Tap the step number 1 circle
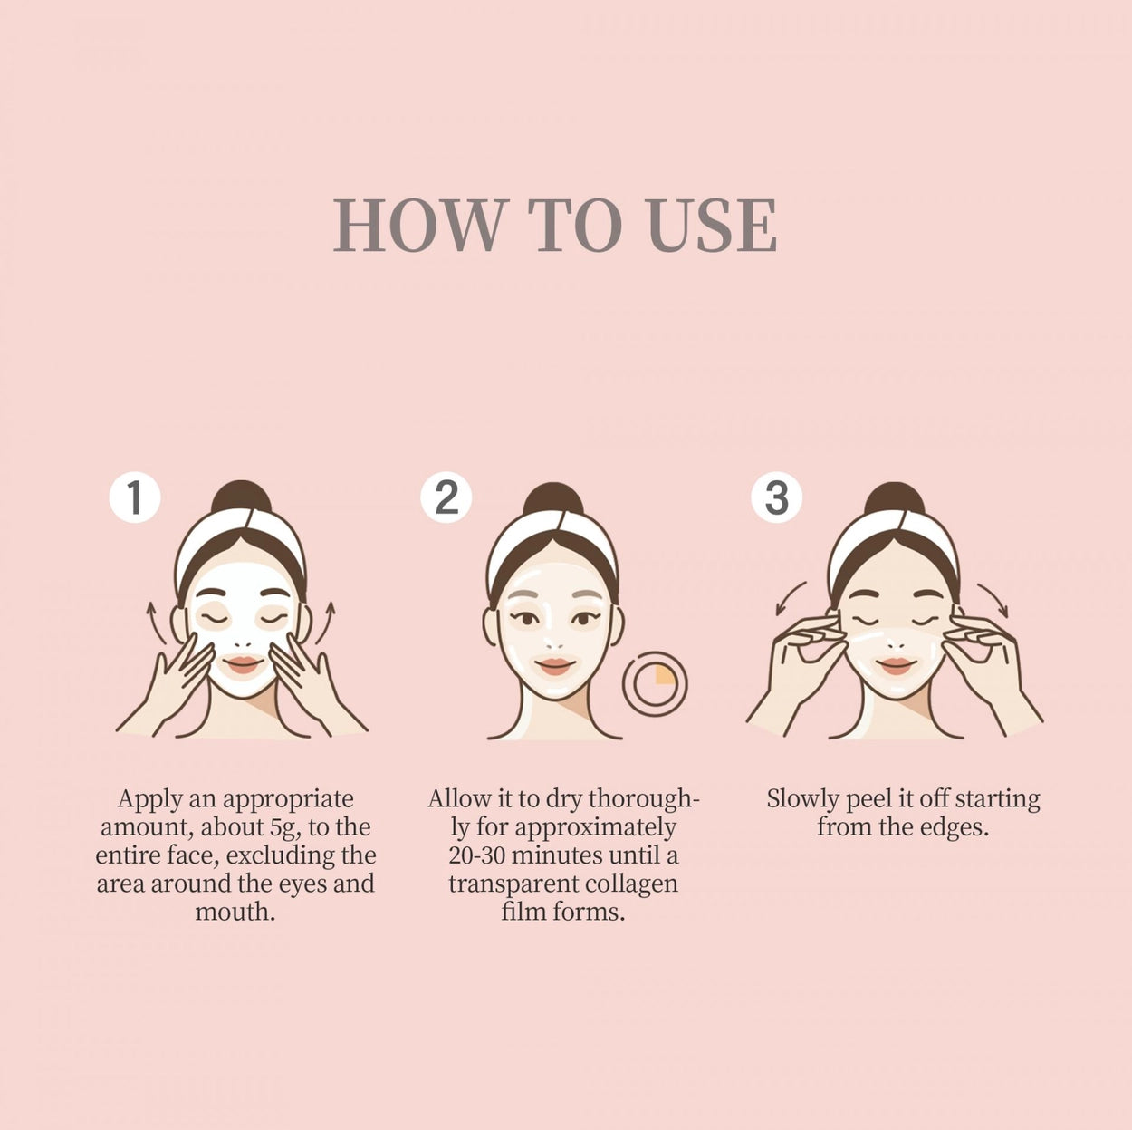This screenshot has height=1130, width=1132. click(135, 497)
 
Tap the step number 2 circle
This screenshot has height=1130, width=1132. click(446, 497)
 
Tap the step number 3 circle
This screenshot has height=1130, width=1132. click(776, 497)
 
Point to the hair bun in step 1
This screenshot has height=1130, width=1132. click(241, 497)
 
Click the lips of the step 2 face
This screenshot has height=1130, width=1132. click(554, 666)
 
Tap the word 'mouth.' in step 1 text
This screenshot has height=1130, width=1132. click(235, 912)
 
